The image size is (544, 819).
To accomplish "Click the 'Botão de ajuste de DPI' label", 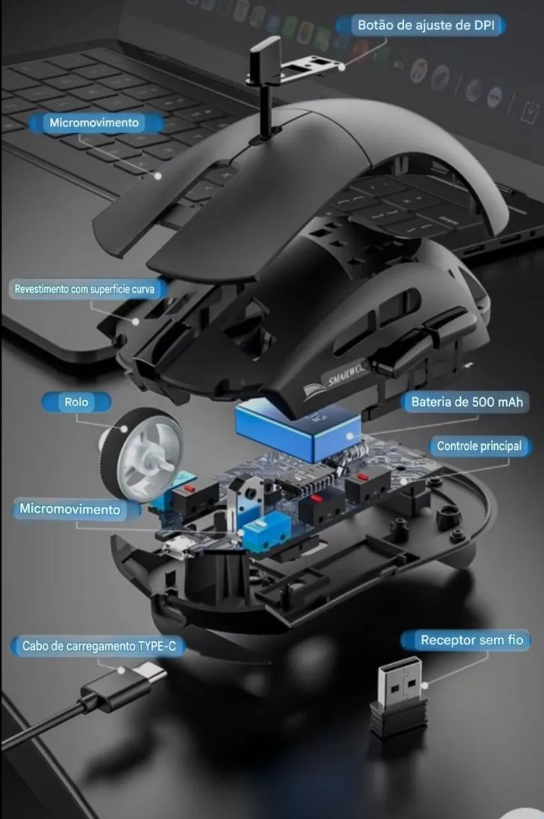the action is click(x=426, y=25).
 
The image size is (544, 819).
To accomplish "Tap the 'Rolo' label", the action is click(x=76, y=402).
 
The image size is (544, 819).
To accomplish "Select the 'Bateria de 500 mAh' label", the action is click(x=467, y=402).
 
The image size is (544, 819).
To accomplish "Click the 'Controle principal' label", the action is click(x=479, y=446).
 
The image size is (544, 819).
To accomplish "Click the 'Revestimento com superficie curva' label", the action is click(x=84, y=289).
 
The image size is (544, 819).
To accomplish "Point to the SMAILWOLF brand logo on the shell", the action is click(x=337, y=380).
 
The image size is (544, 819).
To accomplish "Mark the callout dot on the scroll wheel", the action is click(x=125, y=429).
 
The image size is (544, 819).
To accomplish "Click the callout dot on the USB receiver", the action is click(x=424, y=685).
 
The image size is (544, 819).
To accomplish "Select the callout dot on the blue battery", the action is click(x=351, y=436).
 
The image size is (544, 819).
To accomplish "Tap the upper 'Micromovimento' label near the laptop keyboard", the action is click(x=94, y=122).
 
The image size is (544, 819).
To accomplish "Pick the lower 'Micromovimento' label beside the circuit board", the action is click(x=70, y=509).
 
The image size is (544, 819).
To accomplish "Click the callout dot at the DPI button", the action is click(x=342, y=67).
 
